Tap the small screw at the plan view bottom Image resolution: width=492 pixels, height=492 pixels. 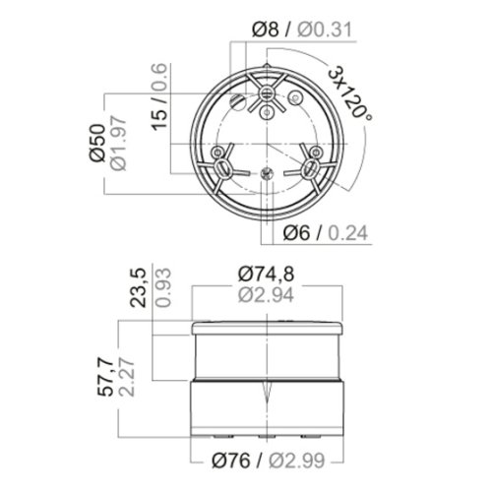point(266,175)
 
